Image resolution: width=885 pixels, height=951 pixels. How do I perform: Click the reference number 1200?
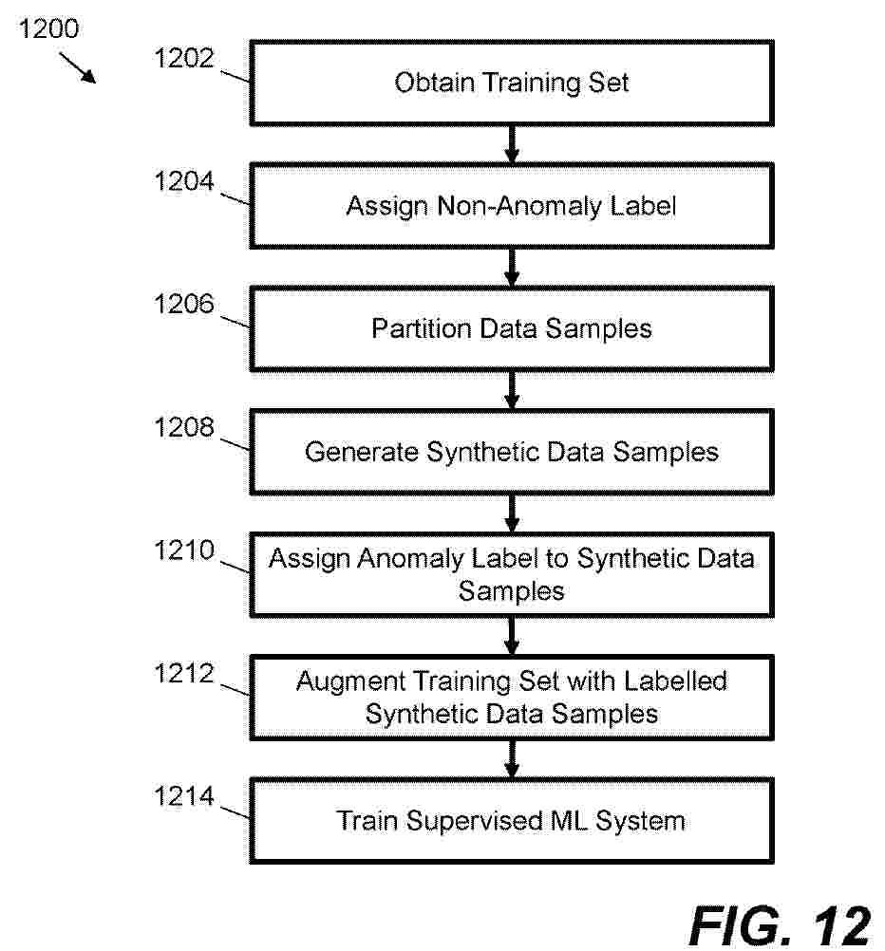48,28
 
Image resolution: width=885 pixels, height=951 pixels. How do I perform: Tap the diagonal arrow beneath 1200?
78,67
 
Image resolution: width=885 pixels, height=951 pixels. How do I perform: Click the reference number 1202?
184,58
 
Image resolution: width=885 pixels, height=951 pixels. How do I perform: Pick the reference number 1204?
184,180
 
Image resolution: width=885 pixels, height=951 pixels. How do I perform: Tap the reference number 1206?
184,304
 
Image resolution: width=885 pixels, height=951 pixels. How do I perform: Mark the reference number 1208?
184,427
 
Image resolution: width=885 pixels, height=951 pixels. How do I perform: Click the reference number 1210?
184,550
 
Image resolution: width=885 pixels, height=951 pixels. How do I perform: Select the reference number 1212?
184,673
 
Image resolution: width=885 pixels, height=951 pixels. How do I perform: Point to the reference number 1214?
184,796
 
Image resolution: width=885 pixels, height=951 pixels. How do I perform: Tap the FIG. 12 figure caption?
781,925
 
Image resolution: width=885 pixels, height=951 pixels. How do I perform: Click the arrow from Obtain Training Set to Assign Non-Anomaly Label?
512,145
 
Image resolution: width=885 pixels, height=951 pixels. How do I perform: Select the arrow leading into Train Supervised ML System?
512,759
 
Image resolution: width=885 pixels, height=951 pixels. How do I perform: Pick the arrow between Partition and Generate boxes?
512,391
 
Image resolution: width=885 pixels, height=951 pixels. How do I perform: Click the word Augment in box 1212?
350,682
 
